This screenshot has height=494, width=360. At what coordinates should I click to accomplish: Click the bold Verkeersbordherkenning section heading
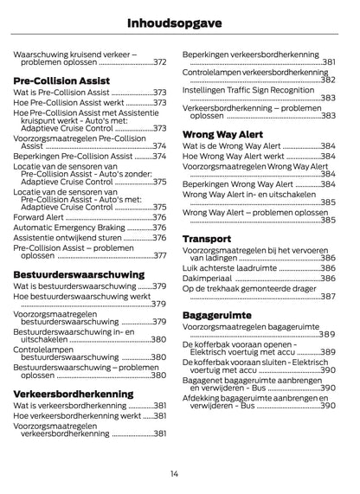tap(74, 393)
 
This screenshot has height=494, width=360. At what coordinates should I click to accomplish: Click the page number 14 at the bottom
tap(175, 472)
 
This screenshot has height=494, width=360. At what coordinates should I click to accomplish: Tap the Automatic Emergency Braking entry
tap(69, 227)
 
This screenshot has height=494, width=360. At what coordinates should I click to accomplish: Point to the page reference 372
tap(159, 62)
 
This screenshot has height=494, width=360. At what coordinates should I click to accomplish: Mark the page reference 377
tap(159, 256)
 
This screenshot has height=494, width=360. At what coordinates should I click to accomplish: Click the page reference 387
tap(327, 297)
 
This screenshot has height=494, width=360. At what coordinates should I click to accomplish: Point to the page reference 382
tap(327, 80)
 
